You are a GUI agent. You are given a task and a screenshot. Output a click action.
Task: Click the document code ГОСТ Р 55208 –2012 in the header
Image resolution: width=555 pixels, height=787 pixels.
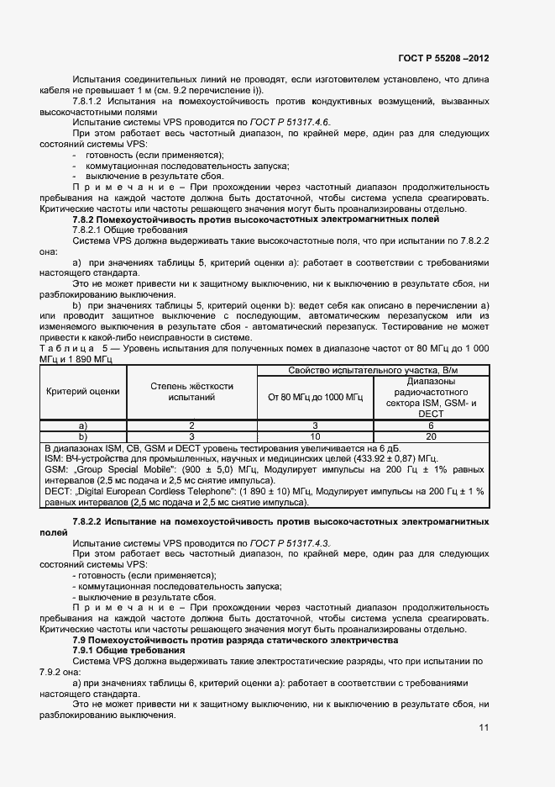[x=443, y=59]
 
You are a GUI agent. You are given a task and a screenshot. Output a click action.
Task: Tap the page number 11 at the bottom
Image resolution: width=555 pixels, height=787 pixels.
[x=484, y=728]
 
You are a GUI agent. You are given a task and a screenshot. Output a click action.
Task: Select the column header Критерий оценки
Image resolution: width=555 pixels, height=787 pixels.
[x=83, y=391]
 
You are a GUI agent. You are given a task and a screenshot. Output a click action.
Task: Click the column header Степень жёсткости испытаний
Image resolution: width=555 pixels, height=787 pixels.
[x=191, y=391]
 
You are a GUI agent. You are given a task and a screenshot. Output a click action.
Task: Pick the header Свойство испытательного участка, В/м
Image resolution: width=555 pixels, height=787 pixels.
[x=373, y=370]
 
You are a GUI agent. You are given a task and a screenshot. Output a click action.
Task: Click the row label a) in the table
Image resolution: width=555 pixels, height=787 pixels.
[x=83, y=425]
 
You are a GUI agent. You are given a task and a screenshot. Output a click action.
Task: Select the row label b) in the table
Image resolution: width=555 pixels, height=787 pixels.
[x=83, y=436]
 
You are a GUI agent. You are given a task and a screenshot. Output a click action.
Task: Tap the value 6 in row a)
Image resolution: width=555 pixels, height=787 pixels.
[x=431, y=425]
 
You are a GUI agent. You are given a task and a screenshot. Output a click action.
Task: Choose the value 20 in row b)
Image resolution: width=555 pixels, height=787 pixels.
[x=431, y=436]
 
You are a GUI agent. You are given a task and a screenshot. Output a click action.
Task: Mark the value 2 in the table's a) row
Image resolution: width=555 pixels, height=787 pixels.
[x=191, y=425]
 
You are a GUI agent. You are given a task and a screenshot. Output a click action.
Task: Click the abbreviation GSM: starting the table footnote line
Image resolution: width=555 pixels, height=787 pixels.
[x=57, y=470]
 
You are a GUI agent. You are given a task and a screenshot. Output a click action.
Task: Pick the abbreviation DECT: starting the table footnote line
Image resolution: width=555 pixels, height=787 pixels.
[x=60, y=492]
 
